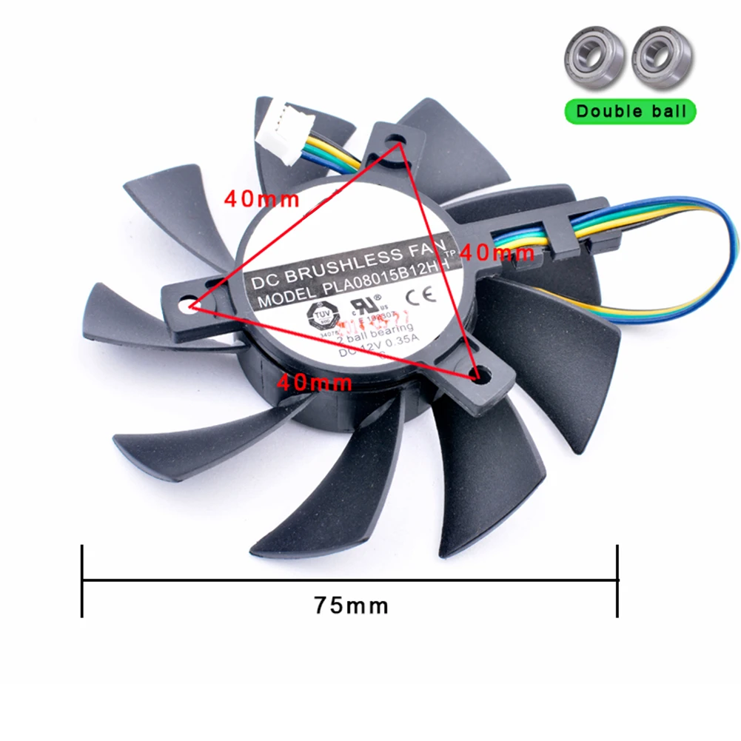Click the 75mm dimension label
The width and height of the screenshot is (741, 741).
click(350, 605)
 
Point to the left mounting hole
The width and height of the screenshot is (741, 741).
click(187, 304)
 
